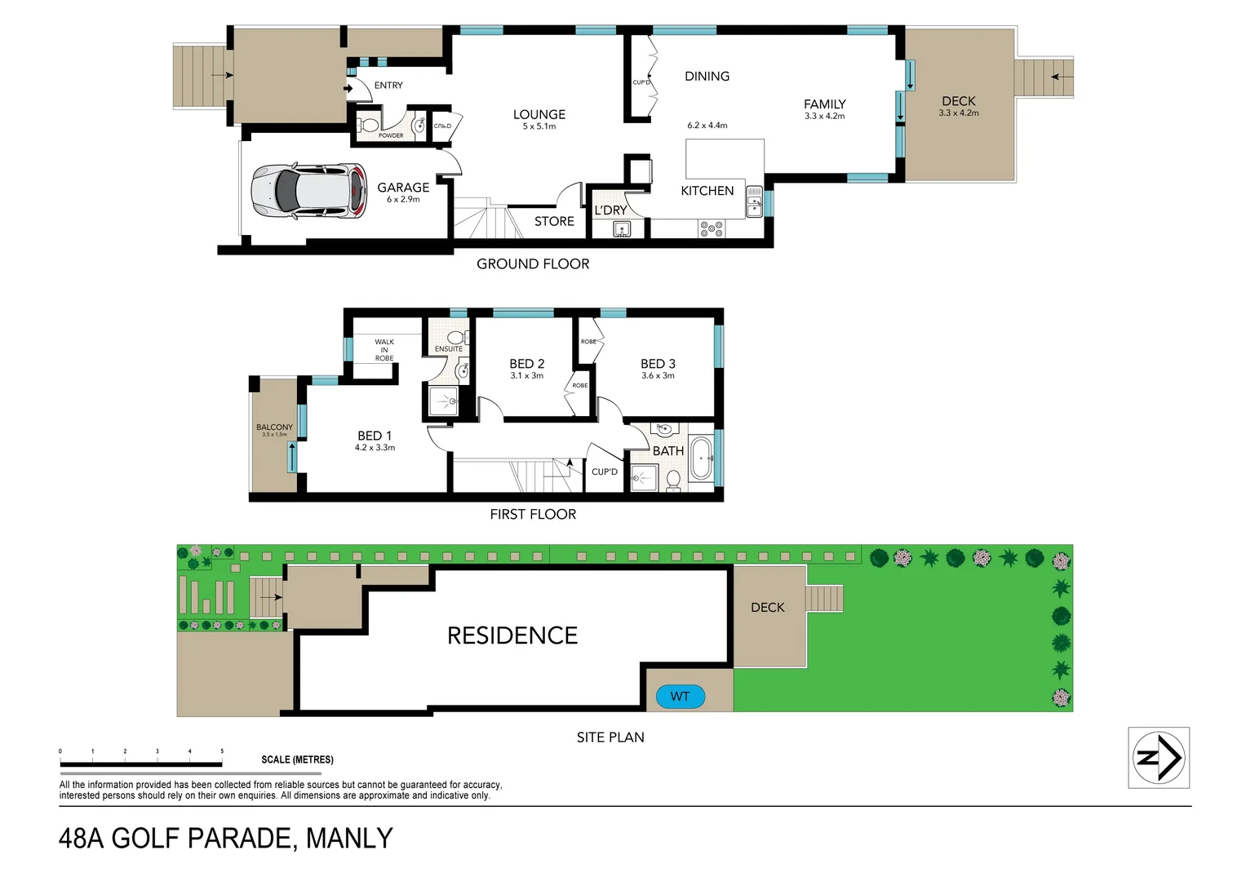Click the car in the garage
click(x=309, y=191)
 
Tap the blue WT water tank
click(x=680, y=697)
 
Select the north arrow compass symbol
click(x=1158, y=758)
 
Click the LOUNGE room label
click(x=539, y=115)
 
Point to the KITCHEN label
click(x=707, y=191)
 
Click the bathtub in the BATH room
click(x=701, y=459)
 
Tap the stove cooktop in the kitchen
click(x=711, y=229)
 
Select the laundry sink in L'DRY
click(x=622, y=229)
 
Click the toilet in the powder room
click(x=369, y=125)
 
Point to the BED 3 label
click(x=658, y=364)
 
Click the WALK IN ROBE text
click(x=384, y=350)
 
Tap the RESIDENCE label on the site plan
click(x=512, y=635)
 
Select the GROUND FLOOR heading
click(x=533, y=263)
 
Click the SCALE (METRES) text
click(x=297, y=759)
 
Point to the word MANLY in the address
click(x=349, y=839)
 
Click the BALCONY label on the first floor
click(x=274, y=427)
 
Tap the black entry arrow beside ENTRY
click(x=348, y=88)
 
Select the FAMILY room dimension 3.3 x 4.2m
click(x=824, y=116)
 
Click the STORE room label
click(x=554, y=221)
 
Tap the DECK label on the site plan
click(x=767, y=608)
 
